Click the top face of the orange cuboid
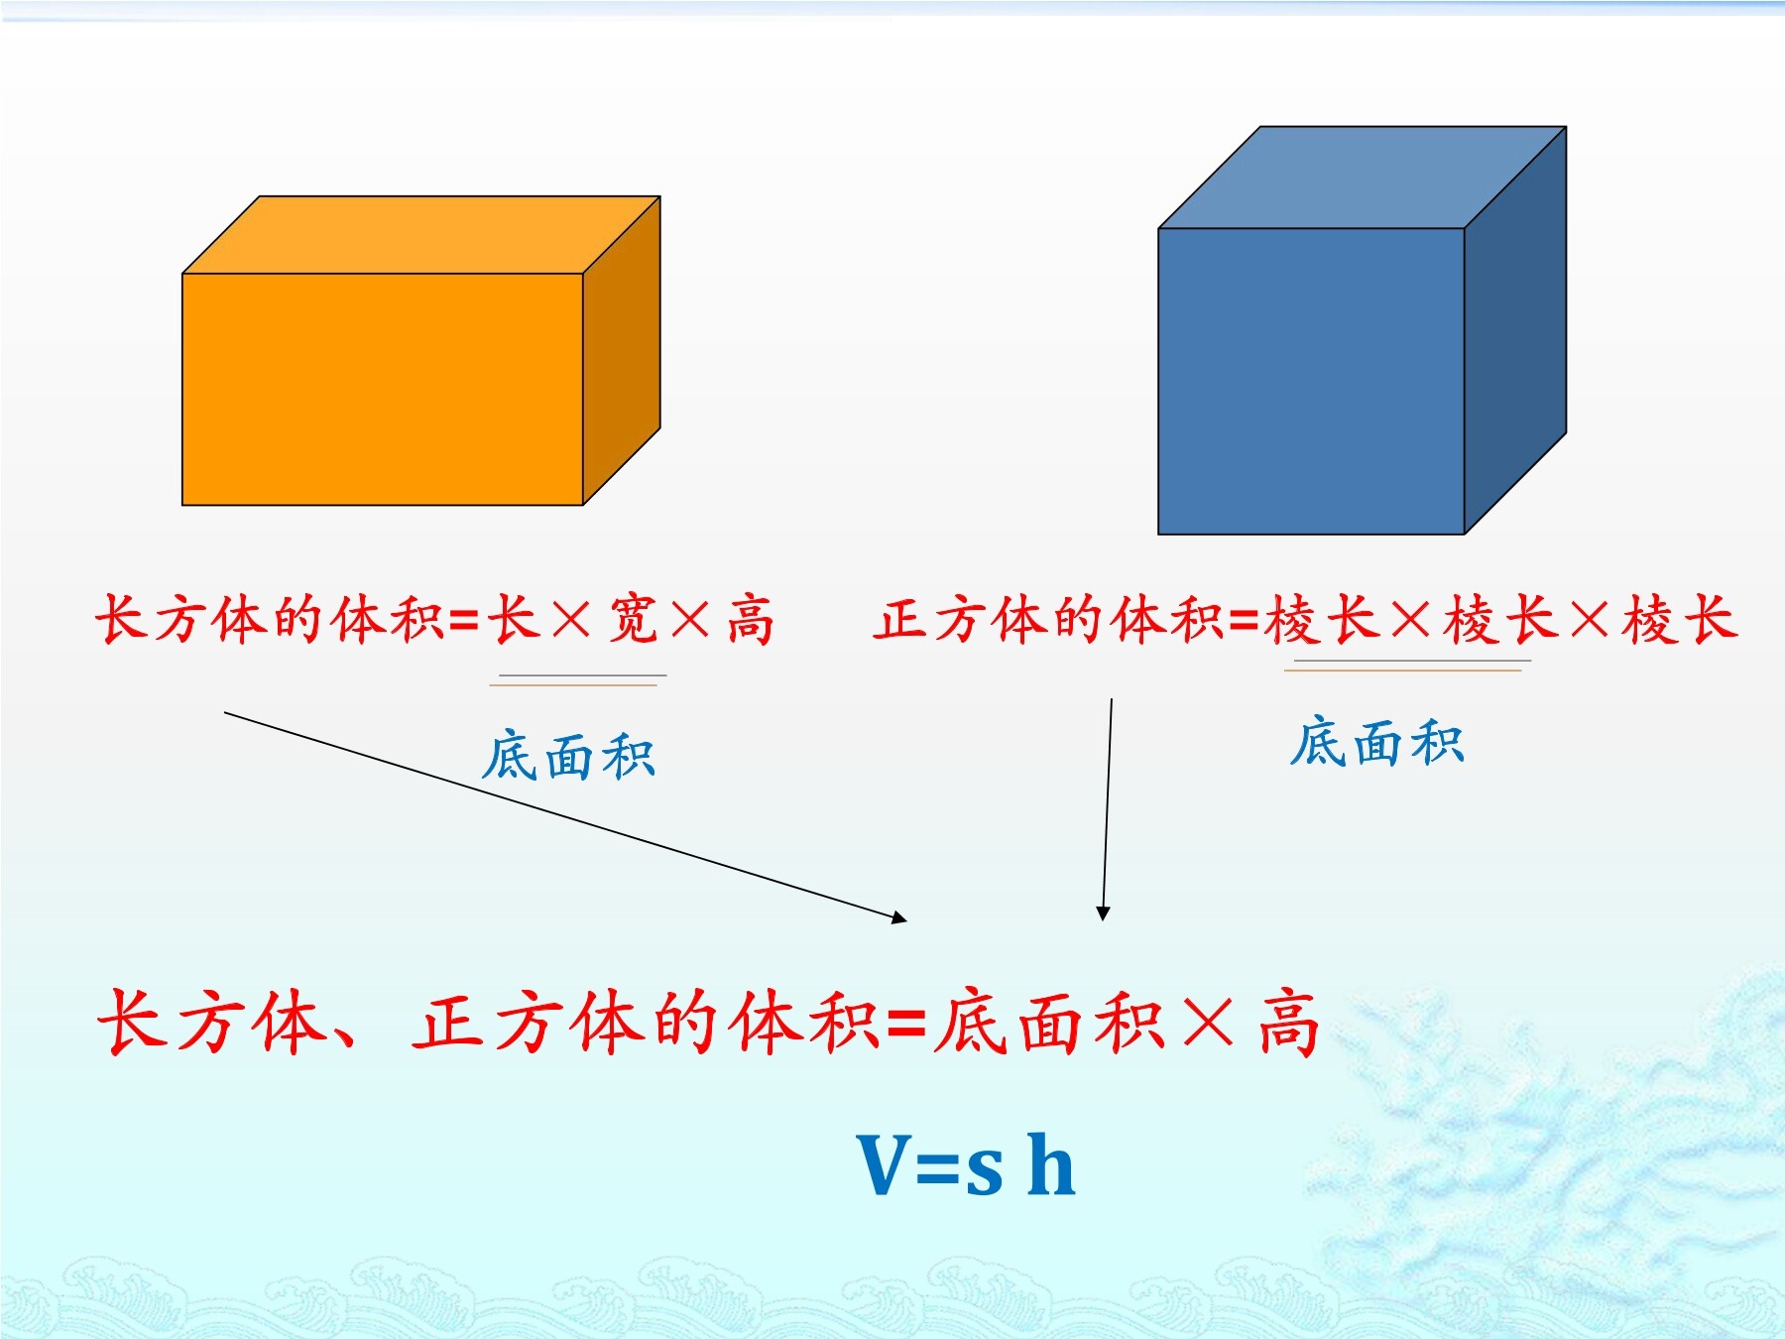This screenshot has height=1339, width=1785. click(x=421, y=235)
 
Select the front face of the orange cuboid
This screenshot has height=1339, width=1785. click(x=383, y=390)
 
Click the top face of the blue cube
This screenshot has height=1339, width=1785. click(x=1363, y=178)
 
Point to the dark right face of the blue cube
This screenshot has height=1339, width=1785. click(x=1515, y=330)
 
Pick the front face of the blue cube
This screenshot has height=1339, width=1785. click(x=1311, y=382)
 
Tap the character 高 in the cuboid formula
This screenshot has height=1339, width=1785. click(x=751, y=620)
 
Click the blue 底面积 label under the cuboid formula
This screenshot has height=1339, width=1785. click(x=568, y=757)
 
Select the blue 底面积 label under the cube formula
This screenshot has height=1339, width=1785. click(x=1376, y=743)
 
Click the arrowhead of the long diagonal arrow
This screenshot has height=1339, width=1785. click(x=899, y=917)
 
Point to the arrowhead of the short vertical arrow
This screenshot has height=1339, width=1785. click(x=1103, y=913)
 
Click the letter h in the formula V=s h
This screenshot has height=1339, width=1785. click(x=1051, y=1163)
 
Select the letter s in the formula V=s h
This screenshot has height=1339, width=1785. click(x=984, y=1172)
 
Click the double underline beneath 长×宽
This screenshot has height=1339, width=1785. click(x=578, y=680)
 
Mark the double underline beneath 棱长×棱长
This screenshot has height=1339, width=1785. click(x=1408, y=666)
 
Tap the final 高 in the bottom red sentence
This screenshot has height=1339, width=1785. click(x=1289, y=1022)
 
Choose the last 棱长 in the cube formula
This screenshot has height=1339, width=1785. click(x=1680, y=620)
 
